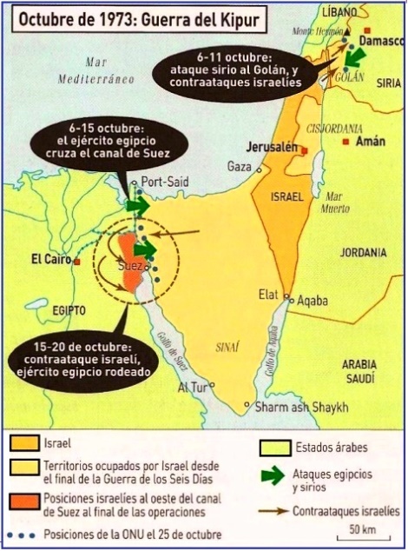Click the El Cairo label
[50, 258]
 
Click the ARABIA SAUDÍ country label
[365, 373]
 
